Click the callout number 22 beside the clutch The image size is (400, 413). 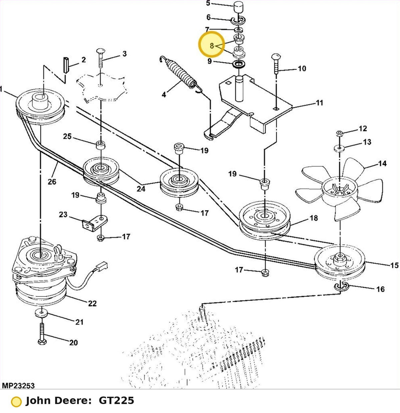point(92,303)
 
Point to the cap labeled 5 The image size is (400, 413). point(239,7)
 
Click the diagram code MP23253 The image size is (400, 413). point(18,386)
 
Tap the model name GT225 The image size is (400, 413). point(116,401)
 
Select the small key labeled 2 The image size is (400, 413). point(66,65)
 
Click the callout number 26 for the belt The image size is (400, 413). point(52,182)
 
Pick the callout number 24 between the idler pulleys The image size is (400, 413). point(141,189)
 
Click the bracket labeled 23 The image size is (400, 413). point(95,223)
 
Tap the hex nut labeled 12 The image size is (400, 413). point(339,134)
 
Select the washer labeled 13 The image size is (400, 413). point(339,148)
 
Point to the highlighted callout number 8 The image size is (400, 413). point(212,45)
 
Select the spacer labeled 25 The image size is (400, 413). point(101,145)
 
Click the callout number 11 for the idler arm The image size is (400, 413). point(319,103)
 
